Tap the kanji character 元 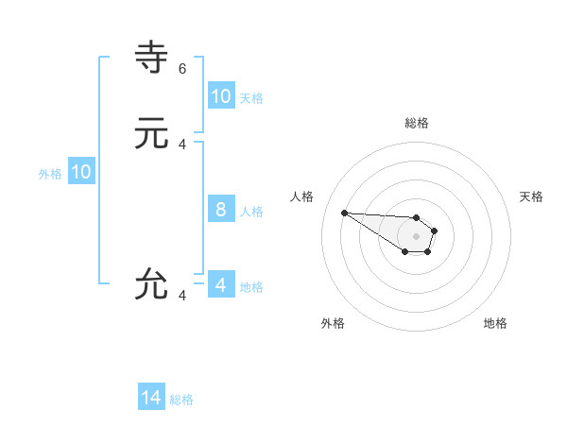151,134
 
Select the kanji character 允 151,284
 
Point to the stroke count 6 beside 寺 182,69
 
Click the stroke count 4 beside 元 182,145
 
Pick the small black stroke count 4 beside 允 182,296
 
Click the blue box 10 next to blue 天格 221,96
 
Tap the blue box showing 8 221,210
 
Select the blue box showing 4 221,285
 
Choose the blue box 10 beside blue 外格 81,172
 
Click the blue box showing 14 151,399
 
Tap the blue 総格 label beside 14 181,400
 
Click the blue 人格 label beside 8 251,211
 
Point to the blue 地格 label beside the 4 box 251,286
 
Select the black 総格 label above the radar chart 417,123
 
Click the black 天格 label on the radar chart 531,196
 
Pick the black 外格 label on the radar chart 333,323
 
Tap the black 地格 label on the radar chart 495,323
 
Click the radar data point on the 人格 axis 344,213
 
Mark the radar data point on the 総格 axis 417,217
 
